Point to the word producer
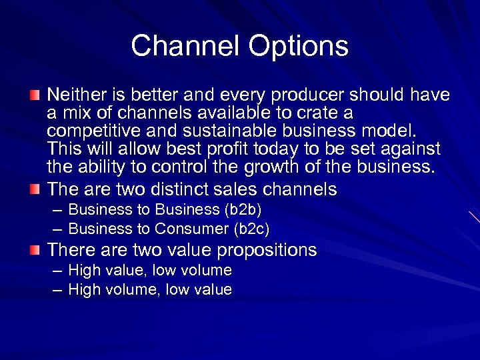coord(317,95)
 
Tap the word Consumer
coord(191,229)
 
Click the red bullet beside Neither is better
coord(35,95)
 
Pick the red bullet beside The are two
coord(35,189)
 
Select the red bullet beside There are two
coord(35,251)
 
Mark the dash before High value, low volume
coord(57,271)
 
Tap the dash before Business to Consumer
coord(57,229)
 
